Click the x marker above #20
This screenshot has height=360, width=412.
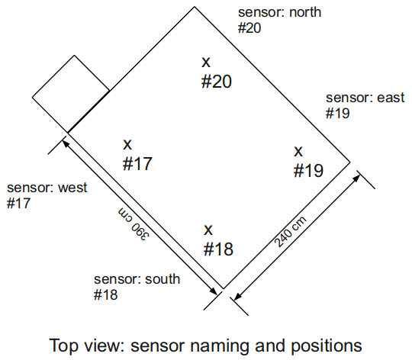[206, 63]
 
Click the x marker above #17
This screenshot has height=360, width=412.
[127, 145]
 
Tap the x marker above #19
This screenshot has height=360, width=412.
[298, 152]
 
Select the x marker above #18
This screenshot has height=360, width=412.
[208, 230]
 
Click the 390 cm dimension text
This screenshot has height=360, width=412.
[134, 224]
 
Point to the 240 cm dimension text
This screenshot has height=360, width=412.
[290, 232]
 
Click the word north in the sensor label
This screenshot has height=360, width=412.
[305, 12]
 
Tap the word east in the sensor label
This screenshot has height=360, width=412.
[391, 98]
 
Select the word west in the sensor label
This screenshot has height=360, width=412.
[72, 188]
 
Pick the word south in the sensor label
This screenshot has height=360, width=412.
[163, 279]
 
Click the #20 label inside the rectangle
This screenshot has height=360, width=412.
[217, 82]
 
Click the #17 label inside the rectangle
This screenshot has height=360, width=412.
[137, 164]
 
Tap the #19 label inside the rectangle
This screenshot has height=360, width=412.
[308, 171]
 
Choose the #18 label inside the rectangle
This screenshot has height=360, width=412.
[218, 249]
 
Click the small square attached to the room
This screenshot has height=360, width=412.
[71, 94]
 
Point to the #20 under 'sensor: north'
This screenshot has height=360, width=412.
[249, 28]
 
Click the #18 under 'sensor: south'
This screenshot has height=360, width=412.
[105, 295]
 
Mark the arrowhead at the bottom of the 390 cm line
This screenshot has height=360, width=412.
[213, 291]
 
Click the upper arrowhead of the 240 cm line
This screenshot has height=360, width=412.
[356, 178]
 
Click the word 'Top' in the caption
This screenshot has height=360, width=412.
[63, 346]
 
